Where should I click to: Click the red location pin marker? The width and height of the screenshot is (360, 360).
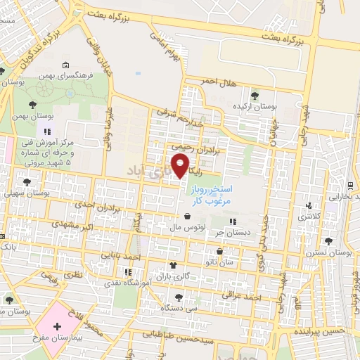pos(181,167)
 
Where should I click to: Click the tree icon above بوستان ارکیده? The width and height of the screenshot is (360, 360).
pos(255,96)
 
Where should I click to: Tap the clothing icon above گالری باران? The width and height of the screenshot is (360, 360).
pos(173,265)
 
